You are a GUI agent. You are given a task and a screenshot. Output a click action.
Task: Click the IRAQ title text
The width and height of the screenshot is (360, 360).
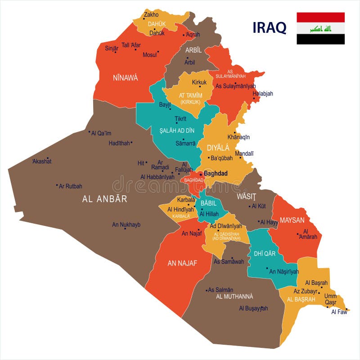coord(270,27)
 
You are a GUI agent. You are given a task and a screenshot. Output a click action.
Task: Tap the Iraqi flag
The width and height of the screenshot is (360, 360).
coord(320,28)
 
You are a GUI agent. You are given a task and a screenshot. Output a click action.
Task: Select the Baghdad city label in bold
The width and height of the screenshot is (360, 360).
coord(216,173)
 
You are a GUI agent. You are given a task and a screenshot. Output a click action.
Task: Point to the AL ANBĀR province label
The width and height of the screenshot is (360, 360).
coord(105,199)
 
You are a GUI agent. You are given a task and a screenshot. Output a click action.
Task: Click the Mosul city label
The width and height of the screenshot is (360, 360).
coord(149,55)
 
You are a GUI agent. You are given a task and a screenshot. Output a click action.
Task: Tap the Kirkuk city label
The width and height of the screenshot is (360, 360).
coord(199,82)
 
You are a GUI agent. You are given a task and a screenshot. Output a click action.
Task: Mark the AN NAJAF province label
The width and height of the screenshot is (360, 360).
coord(182,264)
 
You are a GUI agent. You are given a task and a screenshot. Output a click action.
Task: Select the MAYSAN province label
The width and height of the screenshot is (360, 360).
coord(292,220)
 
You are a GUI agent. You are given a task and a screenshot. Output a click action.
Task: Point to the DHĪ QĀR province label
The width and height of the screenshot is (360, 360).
coord(265,254)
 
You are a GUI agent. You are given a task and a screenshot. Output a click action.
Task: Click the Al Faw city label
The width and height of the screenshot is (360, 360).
coord(339,312)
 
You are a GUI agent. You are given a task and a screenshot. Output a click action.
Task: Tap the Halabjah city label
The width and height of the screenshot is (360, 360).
coord(263,94)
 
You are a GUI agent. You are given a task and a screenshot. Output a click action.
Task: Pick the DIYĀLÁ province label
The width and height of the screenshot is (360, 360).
coord(218,148)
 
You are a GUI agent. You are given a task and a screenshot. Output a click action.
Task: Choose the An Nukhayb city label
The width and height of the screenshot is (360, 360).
coord(126,225)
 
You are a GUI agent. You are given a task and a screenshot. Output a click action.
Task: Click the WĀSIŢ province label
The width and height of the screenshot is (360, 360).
coord(247,197)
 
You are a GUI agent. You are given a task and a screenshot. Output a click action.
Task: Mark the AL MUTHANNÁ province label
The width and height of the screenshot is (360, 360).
coord(234,297)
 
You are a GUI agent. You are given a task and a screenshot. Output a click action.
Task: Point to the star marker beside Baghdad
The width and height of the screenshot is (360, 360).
coord(201,174)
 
